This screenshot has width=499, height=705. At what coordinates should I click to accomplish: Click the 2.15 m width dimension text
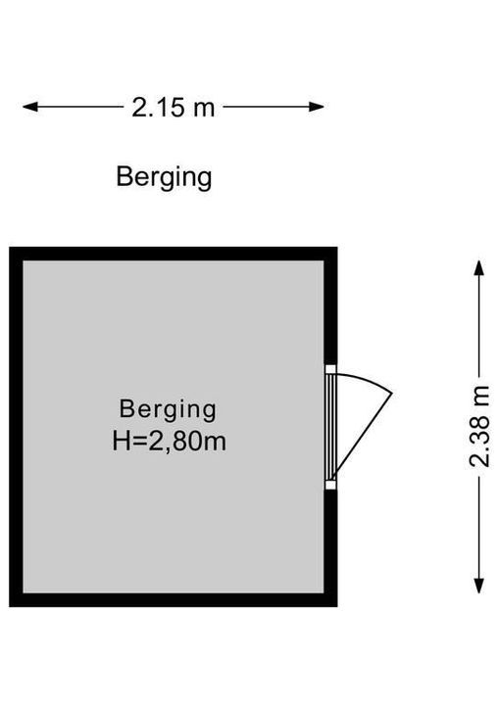tap(173, 108)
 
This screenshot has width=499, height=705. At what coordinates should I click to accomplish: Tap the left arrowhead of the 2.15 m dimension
tap(29, 107)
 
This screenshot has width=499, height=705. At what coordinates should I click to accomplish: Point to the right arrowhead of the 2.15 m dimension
tap(317, 107)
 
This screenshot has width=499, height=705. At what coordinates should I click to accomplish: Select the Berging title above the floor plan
tap(164, 177)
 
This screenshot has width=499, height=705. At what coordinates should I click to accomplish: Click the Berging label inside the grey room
tap(168, 409)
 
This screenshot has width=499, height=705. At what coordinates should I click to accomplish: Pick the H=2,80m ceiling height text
tap(169, 441)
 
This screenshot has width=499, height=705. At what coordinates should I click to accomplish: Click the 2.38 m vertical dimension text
tap(479, 427)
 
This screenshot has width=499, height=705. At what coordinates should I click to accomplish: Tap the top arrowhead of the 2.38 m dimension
tap(479, 267)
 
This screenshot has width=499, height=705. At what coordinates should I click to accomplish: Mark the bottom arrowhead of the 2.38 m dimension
tap(479, 586)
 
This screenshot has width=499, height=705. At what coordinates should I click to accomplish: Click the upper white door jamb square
tap(331, 369)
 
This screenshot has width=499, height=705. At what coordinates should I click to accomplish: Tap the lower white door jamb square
tap(331, 485)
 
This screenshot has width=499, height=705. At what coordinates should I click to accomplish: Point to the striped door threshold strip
tap(331, 427)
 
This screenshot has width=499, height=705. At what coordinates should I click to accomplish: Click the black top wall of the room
tap(174, 254)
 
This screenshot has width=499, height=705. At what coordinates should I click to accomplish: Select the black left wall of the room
tap(17, 427)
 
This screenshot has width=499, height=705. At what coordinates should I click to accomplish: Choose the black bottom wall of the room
tap(174, 600)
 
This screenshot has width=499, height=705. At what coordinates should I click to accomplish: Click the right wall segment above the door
tap(331, 305)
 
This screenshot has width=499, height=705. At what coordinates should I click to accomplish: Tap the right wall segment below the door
tap(331, 548)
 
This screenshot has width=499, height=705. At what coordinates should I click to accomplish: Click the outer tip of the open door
tap(392, 394)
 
